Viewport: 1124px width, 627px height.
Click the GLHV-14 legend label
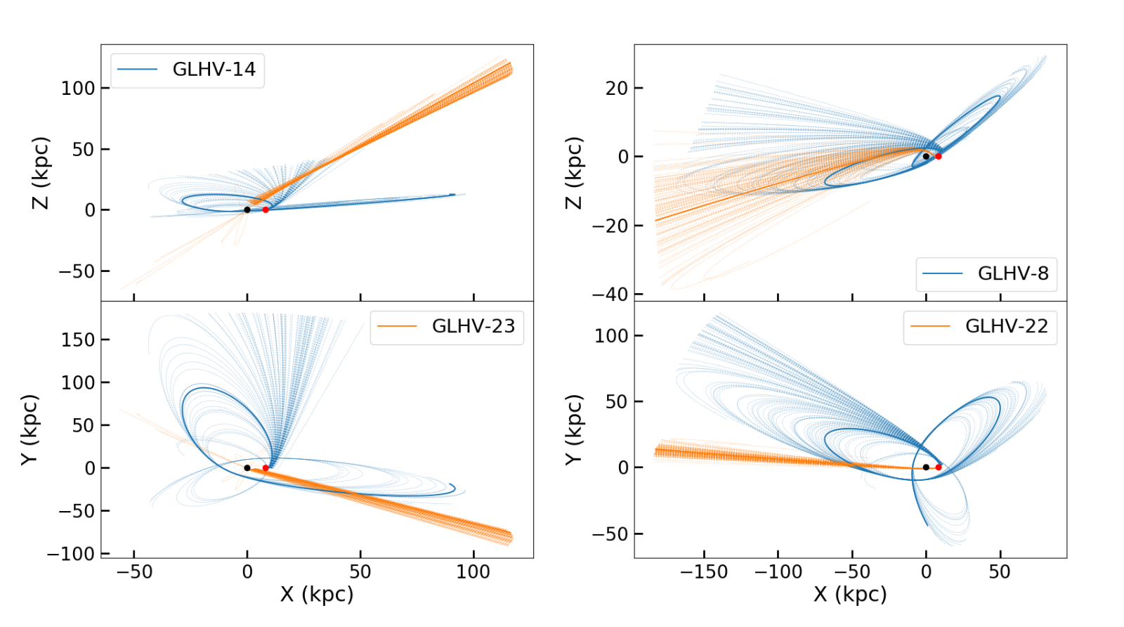pos(214,70)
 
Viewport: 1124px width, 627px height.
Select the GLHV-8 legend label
pos(1012,273)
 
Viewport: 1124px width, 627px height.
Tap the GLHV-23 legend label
pos(473,326)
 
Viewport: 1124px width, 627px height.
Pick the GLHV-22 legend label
pos(1006,326)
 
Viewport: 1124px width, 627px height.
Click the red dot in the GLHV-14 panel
pos(266,209)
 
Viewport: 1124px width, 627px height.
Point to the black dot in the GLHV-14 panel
pos(247,209)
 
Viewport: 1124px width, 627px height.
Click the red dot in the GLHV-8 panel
pos(938,156)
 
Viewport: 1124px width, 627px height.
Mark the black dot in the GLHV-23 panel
pos(247,467)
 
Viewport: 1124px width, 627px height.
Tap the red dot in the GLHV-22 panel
pos(938,467)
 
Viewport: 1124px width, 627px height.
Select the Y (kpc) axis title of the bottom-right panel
pos(575,429)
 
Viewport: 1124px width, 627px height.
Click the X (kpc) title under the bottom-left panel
pos(317,595)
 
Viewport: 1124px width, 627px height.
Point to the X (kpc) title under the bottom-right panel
pos(850,595)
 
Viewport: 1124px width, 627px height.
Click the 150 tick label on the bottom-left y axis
pos(77,340)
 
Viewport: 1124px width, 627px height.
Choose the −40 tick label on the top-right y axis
pos(608,294)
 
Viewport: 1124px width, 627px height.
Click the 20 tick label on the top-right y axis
pos(617,88)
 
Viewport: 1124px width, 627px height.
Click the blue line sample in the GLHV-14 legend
pos(137,70)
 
